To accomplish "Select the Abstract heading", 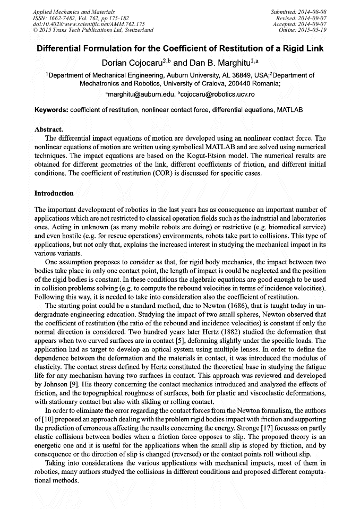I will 49,129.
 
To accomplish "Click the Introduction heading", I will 54,193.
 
